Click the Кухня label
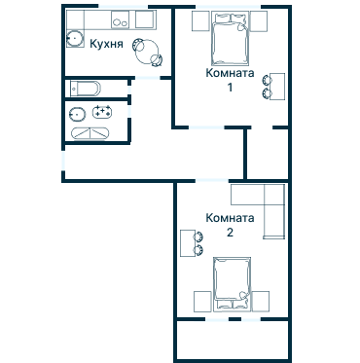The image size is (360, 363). coord(106,44)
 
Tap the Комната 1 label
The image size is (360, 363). coord(230,80)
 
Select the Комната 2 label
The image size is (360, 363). coord(230,225)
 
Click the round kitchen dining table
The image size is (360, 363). coord(148,52)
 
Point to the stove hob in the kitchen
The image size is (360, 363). coord(120,19)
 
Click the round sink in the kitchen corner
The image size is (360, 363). coord(75,39)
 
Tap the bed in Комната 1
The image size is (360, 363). coord(231,38)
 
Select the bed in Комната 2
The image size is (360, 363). coord(232,284)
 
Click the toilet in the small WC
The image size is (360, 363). coord(86,89)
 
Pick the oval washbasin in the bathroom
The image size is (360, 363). coord(77,114)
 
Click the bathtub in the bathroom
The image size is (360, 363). coord(90,133)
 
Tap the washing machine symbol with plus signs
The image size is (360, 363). coord(102,112)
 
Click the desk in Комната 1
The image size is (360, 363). coord(277,87)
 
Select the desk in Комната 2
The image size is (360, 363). coord(188,243)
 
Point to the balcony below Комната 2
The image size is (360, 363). coord(233,339)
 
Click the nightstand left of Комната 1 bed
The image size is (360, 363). coord(200,21)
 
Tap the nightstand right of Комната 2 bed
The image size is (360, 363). coord(261,302)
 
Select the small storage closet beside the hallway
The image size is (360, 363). coord(268,154)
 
